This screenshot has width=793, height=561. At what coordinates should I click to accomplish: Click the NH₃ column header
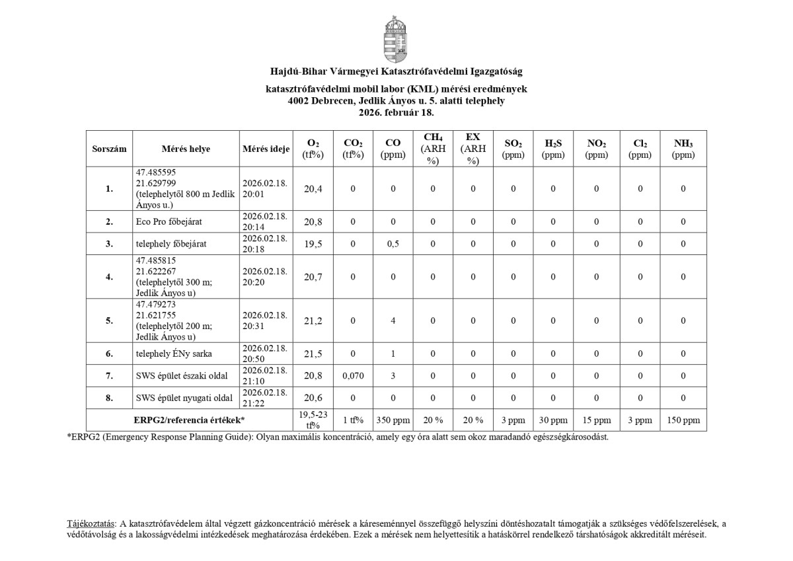684,149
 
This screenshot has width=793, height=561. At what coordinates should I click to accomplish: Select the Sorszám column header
109,149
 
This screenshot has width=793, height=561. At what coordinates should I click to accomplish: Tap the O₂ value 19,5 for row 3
313,244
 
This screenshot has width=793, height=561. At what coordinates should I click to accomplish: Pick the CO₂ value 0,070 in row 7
353,376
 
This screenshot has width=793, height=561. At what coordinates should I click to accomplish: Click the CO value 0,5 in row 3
393,244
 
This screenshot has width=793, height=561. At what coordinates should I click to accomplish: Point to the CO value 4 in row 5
393,320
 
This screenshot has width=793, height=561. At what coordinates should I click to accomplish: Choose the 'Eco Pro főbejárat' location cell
168,222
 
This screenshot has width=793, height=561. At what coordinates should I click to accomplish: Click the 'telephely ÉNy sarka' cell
173,354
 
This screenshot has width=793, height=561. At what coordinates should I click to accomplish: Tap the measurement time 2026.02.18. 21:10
265,376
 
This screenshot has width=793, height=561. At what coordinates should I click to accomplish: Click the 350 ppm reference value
393,420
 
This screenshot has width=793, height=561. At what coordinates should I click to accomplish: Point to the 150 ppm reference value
683,420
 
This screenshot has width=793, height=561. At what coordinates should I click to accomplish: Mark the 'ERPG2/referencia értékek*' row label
189,420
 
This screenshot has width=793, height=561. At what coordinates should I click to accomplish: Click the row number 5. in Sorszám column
109,320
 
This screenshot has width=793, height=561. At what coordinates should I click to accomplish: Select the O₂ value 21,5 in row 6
313,354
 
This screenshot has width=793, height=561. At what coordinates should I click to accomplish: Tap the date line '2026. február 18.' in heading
396,113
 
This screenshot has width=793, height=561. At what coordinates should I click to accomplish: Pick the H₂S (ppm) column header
553,149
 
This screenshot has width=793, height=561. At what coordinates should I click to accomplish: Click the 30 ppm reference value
553,420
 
